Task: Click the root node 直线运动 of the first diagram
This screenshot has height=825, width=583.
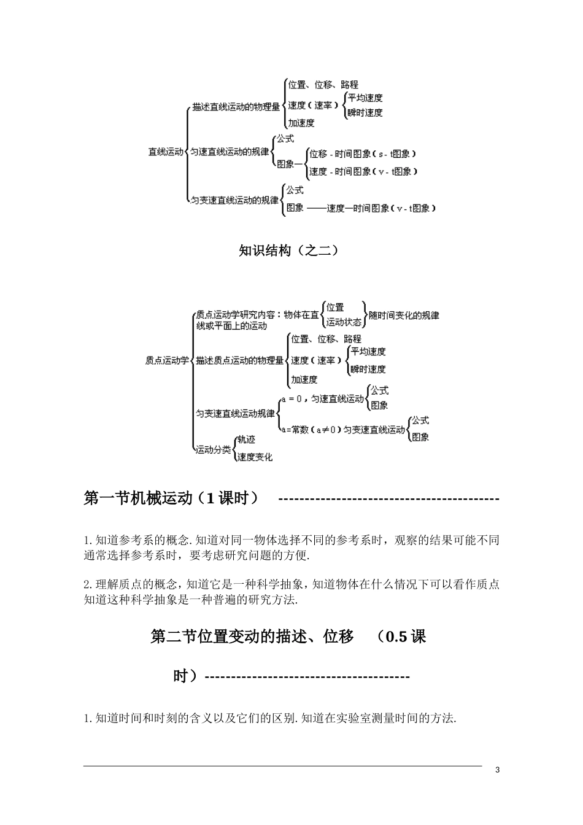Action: point(166,151)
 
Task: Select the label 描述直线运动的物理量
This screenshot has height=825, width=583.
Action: point(236,107)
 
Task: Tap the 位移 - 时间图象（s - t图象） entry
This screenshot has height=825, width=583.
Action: point(363,154)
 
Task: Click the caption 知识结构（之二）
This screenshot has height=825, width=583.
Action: point(288,250)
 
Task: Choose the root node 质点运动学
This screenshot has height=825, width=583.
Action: point(167,360)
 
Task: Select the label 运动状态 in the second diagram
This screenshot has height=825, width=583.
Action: point(344,322)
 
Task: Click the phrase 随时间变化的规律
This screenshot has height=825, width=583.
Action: point(404,315)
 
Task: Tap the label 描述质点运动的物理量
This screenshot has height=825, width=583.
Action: point(240,360)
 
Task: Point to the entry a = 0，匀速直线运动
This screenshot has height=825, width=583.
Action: point(323,399)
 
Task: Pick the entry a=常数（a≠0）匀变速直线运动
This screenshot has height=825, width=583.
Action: point(343,430)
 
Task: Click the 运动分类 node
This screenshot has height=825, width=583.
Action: point(213,450)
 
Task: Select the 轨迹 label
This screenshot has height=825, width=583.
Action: point(246,440)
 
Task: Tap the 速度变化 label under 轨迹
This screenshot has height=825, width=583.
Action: point(255,457)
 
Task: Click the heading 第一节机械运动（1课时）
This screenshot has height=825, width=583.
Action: point(171,498)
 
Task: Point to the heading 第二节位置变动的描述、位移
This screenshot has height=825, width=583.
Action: point(252,637)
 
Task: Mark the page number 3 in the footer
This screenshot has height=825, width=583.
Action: point(498,770)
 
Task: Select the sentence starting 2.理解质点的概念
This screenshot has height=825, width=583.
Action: point(291,584)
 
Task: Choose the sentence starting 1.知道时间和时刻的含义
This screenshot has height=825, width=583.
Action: point(270,718)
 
